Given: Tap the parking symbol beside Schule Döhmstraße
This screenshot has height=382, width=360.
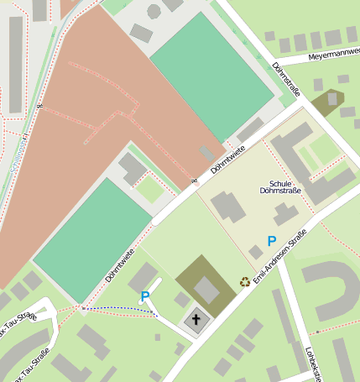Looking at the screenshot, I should (271, 241).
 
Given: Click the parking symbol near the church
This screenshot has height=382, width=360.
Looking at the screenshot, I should (145, 296).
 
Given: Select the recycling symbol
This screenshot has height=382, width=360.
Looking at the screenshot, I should (245, 281).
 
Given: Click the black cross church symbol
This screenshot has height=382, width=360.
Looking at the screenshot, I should (197, 320).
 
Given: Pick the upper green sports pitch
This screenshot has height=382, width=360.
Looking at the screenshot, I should (211, 76).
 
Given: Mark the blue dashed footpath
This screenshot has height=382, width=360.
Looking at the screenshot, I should (122, 309).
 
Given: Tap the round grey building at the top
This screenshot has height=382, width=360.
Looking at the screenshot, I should (154, 12).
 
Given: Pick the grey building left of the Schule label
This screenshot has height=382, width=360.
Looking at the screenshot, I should (227, 207).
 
